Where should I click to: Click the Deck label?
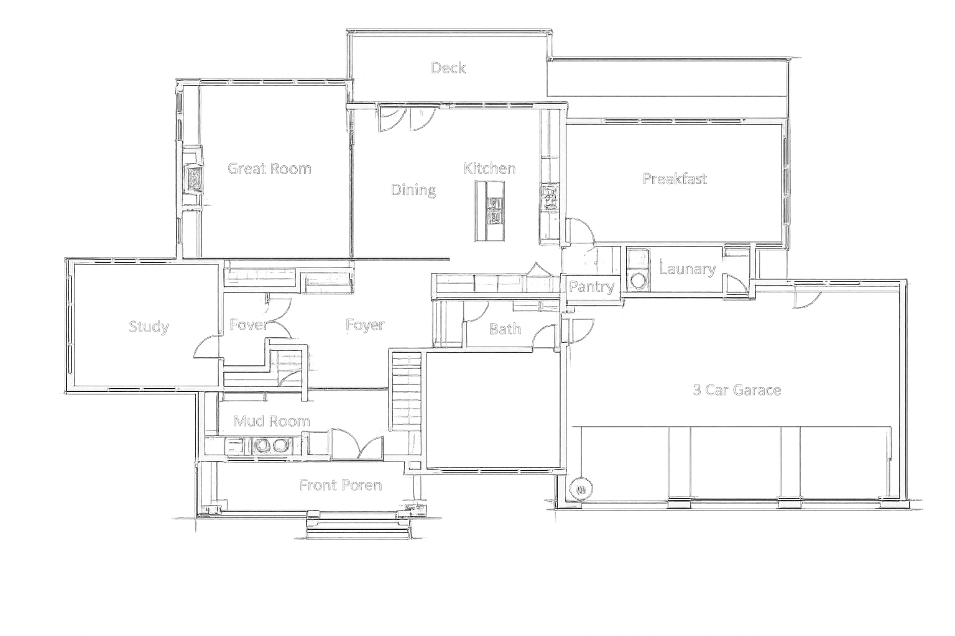click(x=448, y=68)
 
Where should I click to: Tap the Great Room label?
click(x=269, y=168)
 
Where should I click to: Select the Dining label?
click(x=413, y=189)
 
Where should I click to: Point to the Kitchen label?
click(x=489, y=168)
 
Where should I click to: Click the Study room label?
click(x=149, y=327)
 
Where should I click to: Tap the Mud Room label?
click(x=272, y=421)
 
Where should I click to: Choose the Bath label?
click(x=504, y=329)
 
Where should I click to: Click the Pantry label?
click(x=591, y=287)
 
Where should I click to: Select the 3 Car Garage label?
click(x=737, y=390)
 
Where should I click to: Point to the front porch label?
click(x=340, y=485)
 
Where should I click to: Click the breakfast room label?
click(x=675, y=179)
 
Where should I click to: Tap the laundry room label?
click(x=686, y=269)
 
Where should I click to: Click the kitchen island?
click(x=490, y=211)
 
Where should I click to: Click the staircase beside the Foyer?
click(x=407, y=391)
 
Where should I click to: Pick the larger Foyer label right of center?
click(x=365, y=325)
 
